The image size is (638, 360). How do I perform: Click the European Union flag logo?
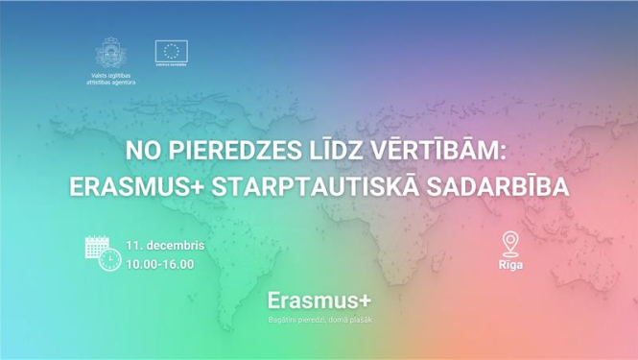coord(173,52)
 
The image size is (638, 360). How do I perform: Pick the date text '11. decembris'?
coord(166,245)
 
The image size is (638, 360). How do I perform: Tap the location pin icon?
coord(510,243)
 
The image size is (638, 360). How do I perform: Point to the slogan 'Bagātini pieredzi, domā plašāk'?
coord(319,319)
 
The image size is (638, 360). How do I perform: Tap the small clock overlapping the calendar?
coord(110,260)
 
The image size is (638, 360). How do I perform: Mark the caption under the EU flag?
coord(173,68)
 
